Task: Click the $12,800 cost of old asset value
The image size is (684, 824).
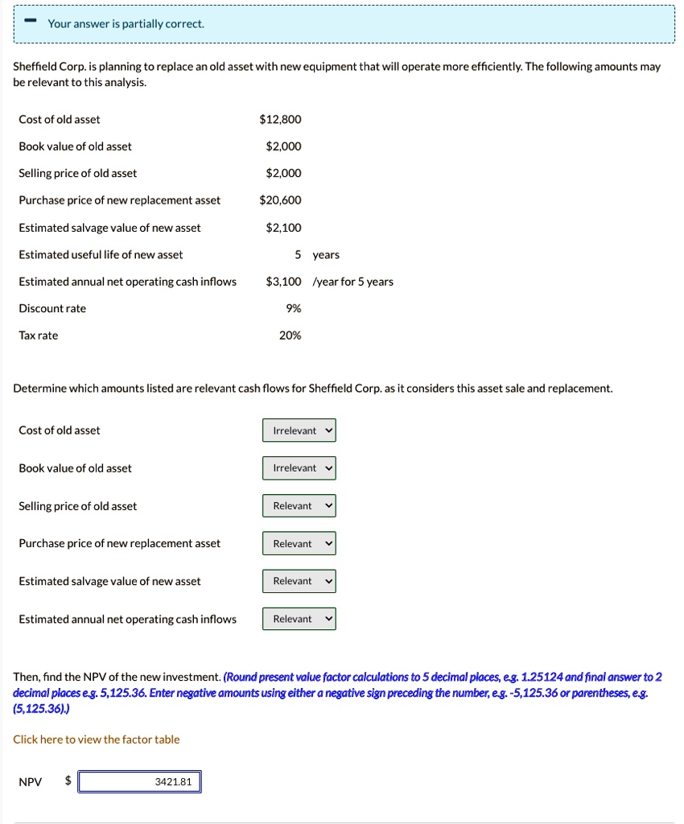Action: tap(280, 120)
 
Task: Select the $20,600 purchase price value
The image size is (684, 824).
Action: tap(280, 200)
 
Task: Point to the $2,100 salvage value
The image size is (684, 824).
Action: tap(283, 228)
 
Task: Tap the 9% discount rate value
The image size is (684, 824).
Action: tap(293, 308)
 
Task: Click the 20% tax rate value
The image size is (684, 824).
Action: tap(290, 336)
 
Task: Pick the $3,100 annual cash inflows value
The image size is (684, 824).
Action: tap(283, 282)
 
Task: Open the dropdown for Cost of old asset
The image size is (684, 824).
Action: tap(299, 431)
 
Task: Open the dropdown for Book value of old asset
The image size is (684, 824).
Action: tap(299, 468)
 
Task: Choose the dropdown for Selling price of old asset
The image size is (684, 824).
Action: tap(299, 506)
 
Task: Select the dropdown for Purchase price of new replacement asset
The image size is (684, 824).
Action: tap(299, 544)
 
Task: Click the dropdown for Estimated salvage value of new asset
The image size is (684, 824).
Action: tap(299, 581)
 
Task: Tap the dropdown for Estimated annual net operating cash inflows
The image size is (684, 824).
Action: tap(299, 619)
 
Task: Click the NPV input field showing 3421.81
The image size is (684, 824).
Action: tap(139, 781)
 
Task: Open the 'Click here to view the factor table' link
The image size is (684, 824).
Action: tap(97, 740)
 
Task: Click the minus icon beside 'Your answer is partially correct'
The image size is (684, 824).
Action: tap(29, 23)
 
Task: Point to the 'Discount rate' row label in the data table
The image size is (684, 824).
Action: tap(52, 308)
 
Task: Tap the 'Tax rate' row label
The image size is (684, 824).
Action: tap(39, 336)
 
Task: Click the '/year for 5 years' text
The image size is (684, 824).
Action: tap(352, 282)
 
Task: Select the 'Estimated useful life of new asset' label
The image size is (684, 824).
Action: tap(101, 255)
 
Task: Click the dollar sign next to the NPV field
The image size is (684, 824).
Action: tap(68, 781)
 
